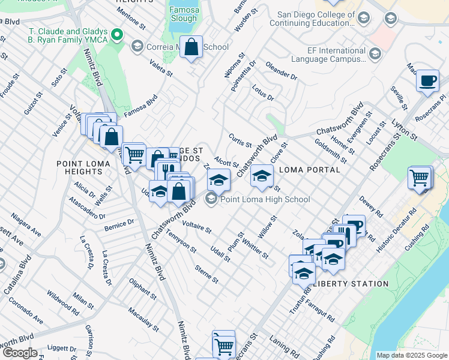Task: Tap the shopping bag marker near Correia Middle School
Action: [x=191, y=48]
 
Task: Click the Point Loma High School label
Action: [x=265, y=199]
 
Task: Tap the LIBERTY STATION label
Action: [x=351, y=283]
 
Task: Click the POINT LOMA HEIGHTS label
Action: [x=83, y=168]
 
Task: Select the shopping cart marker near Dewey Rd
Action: [x=419, y=178]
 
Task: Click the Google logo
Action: [x=20, y=353]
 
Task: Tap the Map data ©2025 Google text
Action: [x=411, y=355]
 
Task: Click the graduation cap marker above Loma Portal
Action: [x=262, y=176]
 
